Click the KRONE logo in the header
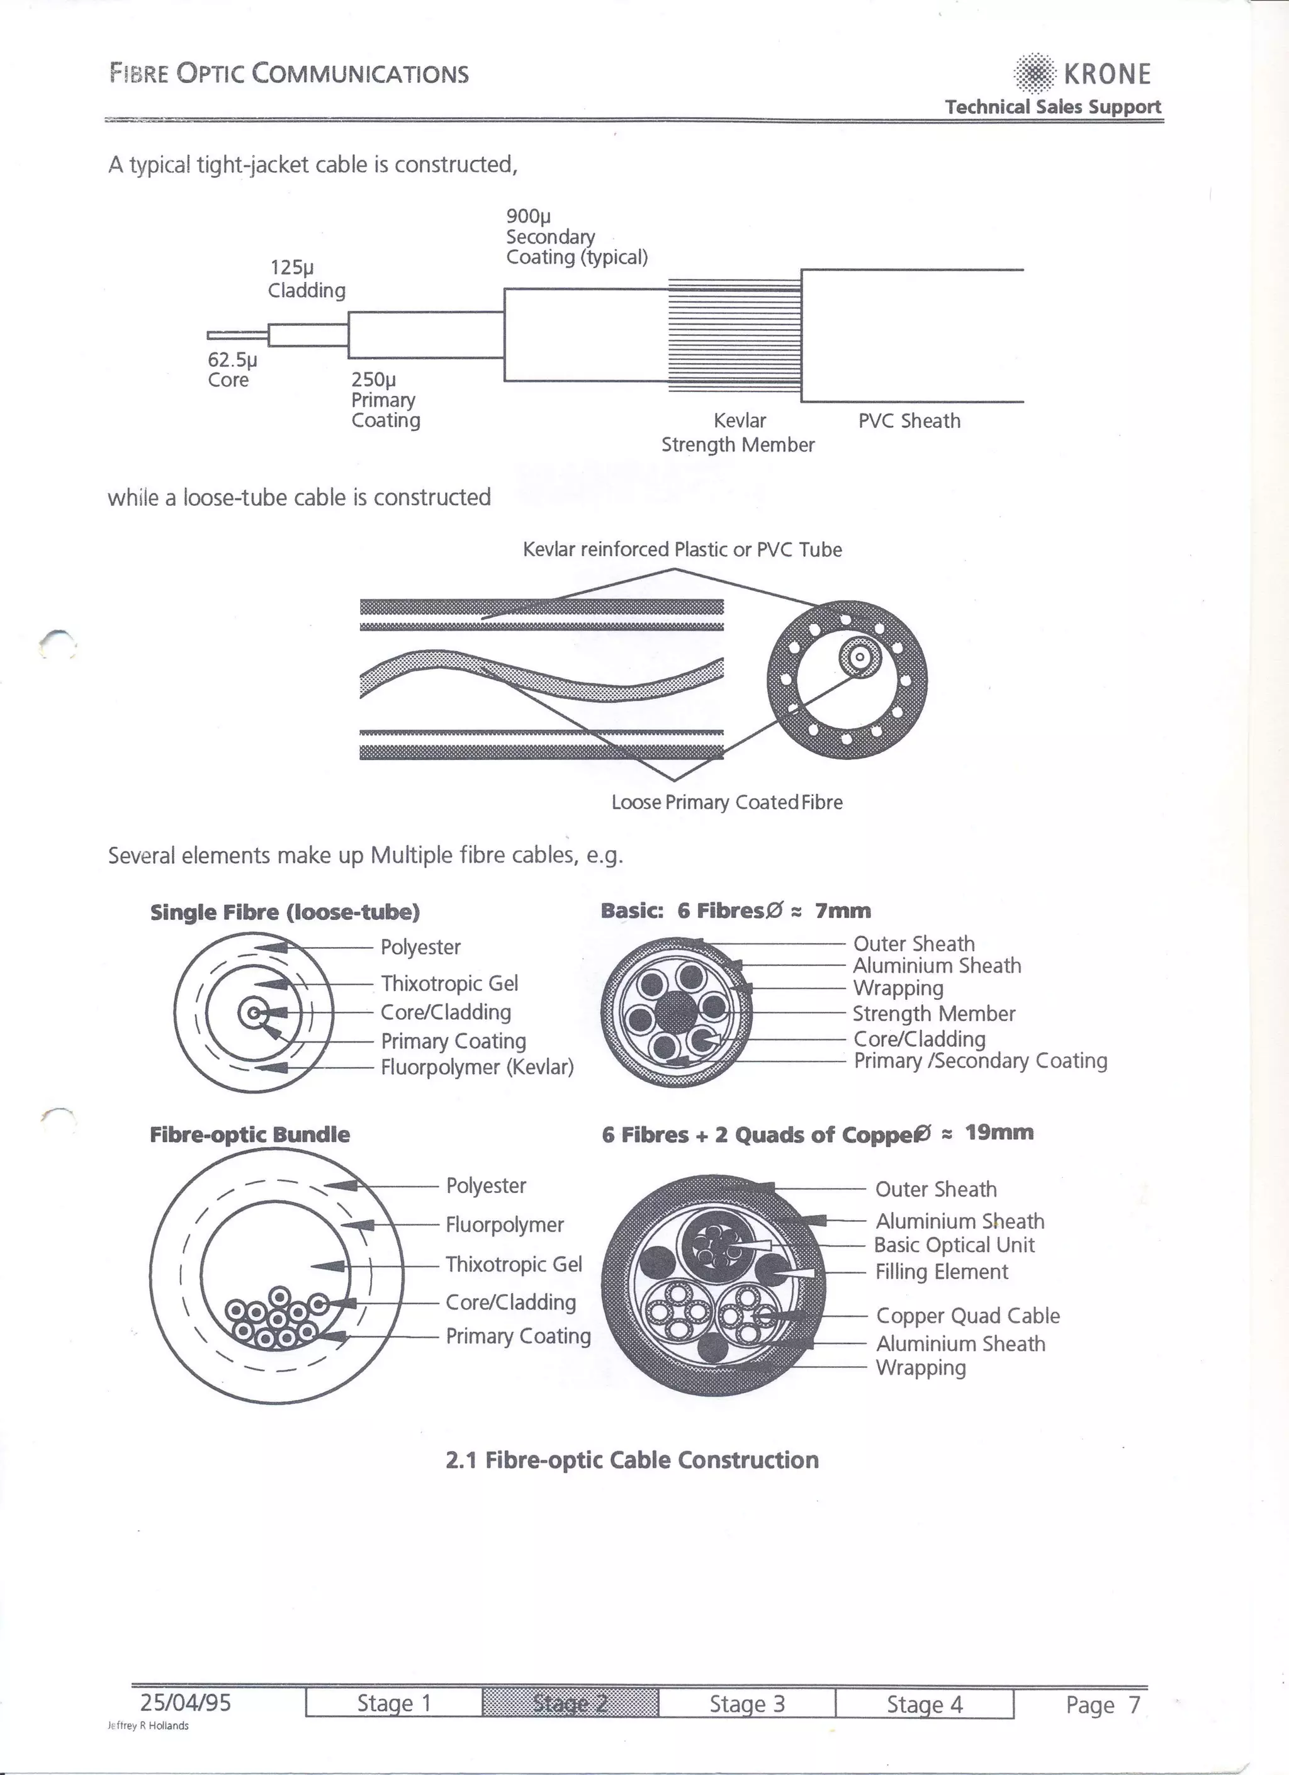click(x=1083, y=74)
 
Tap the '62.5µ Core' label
click(x=232, y=370)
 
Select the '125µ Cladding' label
click(x=306, y=279)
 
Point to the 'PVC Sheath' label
click(x=909, y=421)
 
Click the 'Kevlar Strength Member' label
click(x=738, y=433)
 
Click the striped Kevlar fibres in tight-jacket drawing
click(x=733, y=337)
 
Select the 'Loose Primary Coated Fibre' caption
click(x=726, y=802)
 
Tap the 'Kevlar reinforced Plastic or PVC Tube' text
click(x=682, y=549)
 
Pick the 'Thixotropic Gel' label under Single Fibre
click(x=449, y=983)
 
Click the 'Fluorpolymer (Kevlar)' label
click(x=476, y=1067)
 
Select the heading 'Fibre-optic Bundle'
click(x=250, y=1135)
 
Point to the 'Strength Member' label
click(x=933, y=1014)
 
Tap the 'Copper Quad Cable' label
click(x=967, y=1316)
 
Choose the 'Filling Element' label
click(x=942, y=1272)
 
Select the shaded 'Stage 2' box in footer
click(x=570, y=1703)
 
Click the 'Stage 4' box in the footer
click(x=925, y=1704)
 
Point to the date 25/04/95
click(x=186, y=1702)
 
